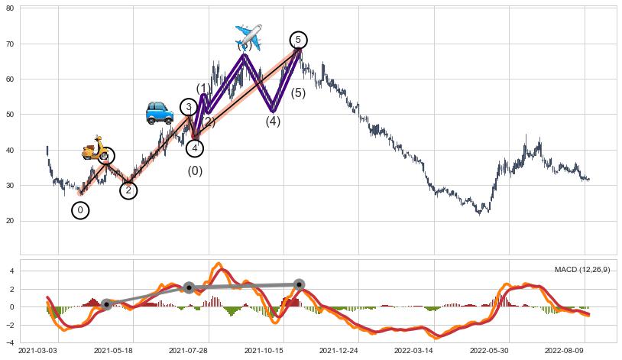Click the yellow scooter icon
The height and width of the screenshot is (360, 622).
tap(96, 148)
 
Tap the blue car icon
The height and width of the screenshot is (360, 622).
tap(160, 112)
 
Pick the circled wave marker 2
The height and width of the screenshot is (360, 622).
tap(128, 190)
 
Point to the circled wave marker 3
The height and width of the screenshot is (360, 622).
tap(189, 107)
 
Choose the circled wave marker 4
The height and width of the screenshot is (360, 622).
tap(195, 148)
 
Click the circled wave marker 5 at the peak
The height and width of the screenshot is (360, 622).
tap(298, 40)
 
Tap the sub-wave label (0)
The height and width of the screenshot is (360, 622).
tap(195, 171)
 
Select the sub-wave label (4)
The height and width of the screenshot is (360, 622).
tap(273, 121)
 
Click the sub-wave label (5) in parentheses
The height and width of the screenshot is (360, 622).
tap(298, 93)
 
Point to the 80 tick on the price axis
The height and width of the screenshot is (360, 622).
tap(11, 8)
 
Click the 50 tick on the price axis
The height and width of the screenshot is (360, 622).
tap(11, 115)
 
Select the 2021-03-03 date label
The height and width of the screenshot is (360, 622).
tap(37, 351)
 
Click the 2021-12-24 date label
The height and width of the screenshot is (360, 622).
tap(338, 351)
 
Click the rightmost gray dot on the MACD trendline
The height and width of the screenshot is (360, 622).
tap(299, 284)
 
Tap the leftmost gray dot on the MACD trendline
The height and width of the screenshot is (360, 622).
tap(106, 304)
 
